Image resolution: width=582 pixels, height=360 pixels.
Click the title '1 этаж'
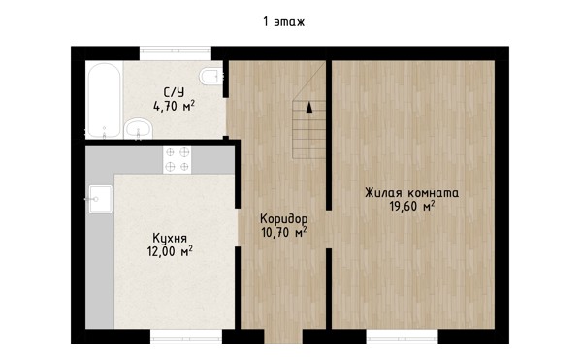click(x=284, y=22)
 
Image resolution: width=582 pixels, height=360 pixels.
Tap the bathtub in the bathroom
click(x=105, y=100)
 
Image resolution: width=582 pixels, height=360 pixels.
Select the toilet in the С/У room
click(x=211, y=77)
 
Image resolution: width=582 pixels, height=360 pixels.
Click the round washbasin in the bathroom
click(x=139, y=129)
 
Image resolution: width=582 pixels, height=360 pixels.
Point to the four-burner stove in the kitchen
click(x=178, y=159)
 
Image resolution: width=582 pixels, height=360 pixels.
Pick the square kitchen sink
click(x=100, y=199)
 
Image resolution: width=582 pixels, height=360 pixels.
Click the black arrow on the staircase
click(x=309, y=107)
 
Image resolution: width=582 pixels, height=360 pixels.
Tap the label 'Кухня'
click(x=170, y=238)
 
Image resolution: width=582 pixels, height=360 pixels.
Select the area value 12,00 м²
click(x=170, y=251)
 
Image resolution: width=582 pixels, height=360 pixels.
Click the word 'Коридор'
click(x=284, y=218)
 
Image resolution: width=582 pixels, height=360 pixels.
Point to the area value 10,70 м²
click(x=284, y=232)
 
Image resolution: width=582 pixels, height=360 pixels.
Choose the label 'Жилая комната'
click(x=411, y=193)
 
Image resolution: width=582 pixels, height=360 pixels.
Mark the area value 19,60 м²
click(x=411, y=206)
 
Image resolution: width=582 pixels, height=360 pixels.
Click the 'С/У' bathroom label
click(x=174, y=92)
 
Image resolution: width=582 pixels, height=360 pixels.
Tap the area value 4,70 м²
click(x=174, y=106)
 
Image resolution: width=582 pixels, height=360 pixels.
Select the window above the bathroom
click(x=176, y=51)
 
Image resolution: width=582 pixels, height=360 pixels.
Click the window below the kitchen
click(x=186, y=337)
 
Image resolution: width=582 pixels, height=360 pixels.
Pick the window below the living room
click(x=402, y=337)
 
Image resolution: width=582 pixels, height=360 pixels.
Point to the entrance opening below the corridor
click(x=283, y=337)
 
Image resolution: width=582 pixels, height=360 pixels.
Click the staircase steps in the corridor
click(x=308, y=129)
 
